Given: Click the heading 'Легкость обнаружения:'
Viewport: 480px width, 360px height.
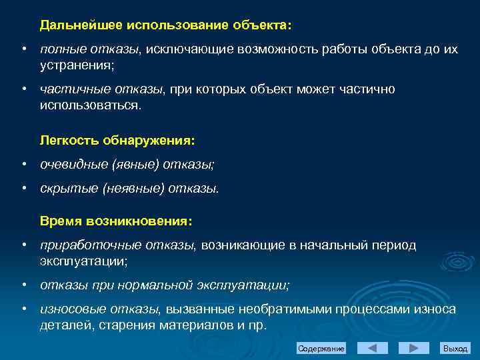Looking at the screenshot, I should pyautogui.click(x=117, y=141).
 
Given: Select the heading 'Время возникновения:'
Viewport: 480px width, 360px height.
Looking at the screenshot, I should pyautogui.click(x=116, y=221).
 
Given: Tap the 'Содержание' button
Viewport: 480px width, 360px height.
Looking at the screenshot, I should pyautogui.click(x=321, y=349).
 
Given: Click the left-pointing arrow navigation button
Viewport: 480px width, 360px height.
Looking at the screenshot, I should pyautogui.click(x=373, y=348).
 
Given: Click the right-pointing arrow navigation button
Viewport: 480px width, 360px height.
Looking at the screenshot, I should pyautogui.click(x=413, y=348).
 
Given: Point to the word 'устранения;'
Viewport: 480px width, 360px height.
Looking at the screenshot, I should pyautogui.click(x=77, y=65).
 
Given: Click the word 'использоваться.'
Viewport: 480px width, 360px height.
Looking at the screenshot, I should pyautogui.click(x=91, y=105).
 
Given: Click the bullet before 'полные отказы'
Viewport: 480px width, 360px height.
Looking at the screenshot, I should pyautogui.click(x=23, y=50).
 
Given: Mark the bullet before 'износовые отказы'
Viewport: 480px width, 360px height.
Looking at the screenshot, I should pyautogui.click(x=23, y=309).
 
